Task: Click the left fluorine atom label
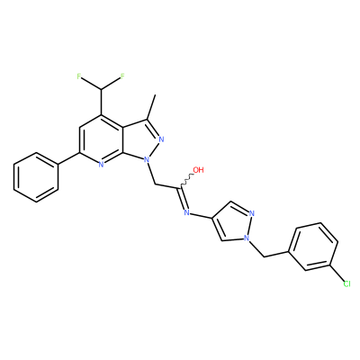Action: coord(79,76)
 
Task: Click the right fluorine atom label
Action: coord(122,76)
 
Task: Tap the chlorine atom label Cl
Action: coord(346,283)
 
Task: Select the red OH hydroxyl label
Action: coord(198,170)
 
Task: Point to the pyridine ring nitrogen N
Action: coord(101,164)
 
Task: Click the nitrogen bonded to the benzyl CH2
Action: coord(247,238)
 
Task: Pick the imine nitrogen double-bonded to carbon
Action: coord(186,212)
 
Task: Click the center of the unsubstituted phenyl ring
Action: coord(36,177)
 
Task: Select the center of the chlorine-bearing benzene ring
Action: coord(313,247)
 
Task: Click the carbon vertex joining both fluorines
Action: coord(101,89)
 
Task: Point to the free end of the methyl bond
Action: coord(155,94)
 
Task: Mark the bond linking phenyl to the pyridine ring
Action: coord(68,158)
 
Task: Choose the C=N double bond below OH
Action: coord(183,199)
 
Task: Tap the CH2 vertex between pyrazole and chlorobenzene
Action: coord(264,256)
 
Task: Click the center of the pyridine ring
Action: coord(101,139)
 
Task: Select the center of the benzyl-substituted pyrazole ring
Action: coord(234,222)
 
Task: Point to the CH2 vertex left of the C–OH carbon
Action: coord(155,184)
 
